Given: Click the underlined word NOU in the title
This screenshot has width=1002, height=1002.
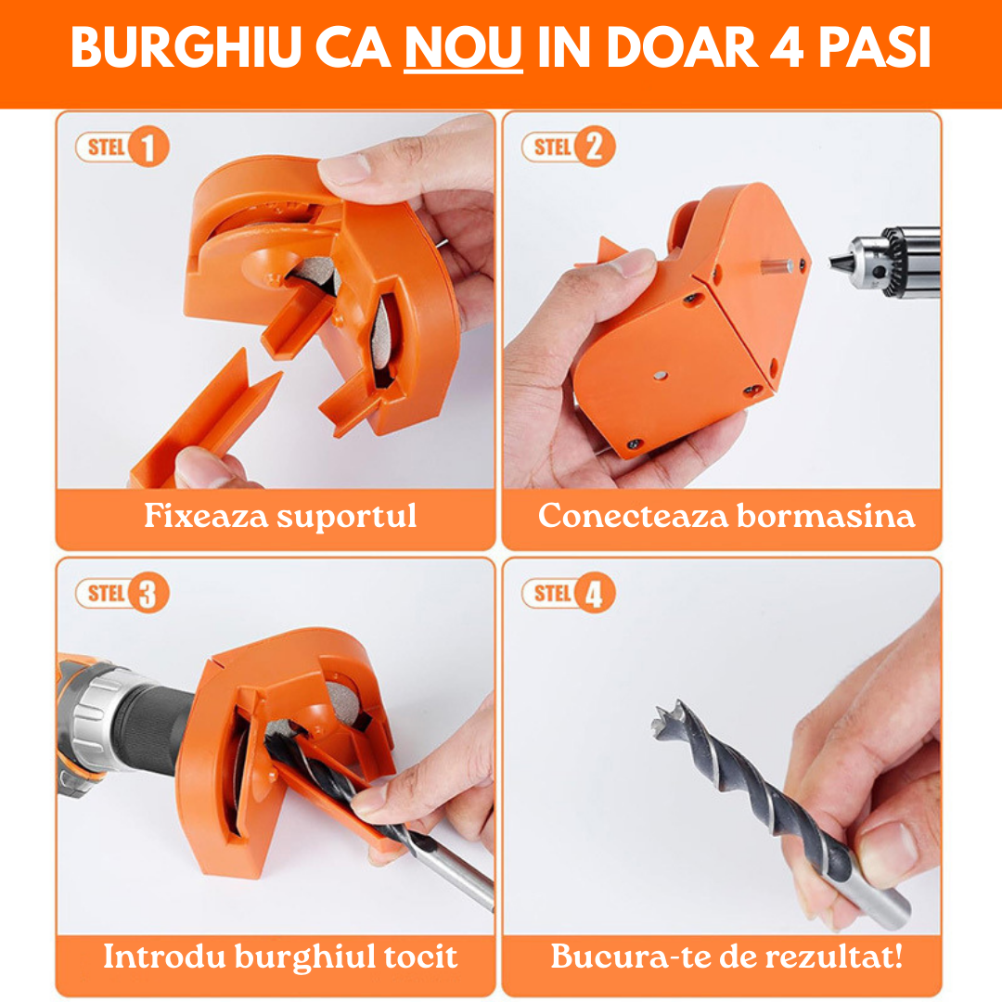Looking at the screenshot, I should (463, 49).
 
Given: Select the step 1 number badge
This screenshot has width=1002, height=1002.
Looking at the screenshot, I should (148, 147).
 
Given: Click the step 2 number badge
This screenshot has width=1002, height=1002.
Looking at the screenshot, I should (595, 147).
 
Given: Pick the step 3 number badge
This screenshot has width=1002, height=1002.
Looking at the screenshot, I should (148, 594).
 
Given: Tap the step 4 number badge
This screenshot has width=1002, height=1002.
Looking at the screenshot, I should (595, 594).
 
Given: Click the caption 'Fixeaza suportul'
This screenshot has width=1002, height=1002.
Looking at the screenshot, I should (279, 516).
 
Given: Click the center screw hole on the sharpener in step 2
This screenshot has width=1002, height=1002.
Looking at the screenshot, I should (659, 375).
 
